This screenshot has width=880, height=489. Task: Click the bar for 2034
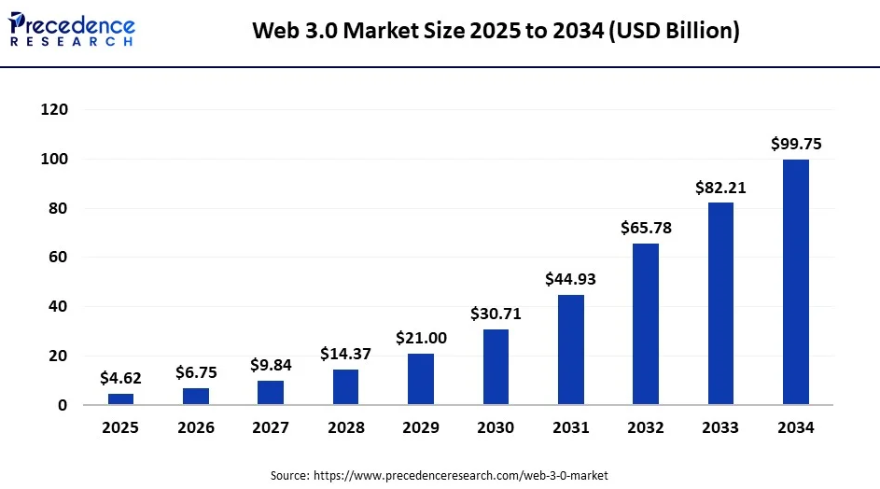pos(795,282)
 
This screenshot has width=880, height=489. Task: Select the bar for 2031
pos(571,349)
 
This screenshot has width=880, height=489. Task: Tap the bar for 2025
pos(121,398)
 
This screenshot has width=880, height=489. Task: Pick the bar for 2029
pos(421,379)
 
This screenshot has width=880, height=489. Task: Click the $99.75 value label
pos(795,144)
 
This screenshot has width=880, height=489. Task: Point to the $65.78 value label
pos(646,228)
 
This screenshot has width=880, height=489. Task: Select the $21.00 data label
pos(421,337)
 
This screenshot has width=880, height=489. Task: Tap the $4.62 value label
pos(121,378)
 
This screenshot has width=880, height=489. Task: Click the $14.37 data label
pos(345,354)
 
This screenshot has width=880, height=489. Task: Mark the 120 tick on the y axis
pos(55,110)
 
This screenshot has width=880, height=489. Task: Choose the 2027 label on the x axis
pos(271,428)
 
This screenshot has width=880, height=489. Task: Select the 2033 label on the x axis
pos(720,428)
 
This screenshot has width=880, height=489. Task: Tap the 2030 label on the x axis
pos(496,428)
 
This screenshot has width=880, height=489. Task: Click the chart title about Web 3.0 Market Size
pos(496,32)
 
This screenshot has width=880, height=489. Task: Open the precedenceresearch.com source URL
pos(466,475)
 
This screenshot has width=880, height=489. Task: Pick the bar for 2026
pos(196,396)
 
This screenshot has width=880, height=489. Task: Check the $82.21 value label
pos(720,188)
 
